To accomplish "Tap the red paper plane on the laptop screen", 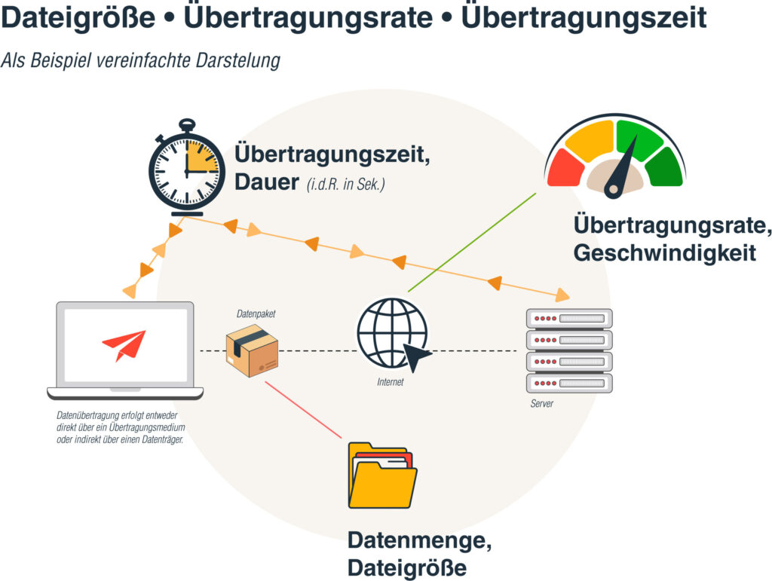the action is coord(124,345).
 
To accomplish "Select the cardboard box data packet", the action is coord(252,350).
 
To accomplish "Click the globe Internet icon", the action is coord(393,334).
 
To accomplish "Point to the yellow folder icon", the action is coord(382,476).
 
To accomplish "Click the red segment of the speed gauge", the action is coord(565,169).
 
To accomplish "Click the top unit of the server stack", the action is coord(569,318).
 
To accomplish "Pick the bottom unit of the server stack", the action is coord(569,384).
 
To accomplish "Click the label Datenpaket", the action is coord(256,314).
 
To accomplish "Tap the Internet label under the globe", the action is coord(391,382).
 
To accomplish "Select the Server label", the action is coord(541,403).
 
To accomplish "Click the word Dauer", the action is coord(266,182).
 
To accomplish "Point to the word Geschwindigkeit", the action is coord(665,253).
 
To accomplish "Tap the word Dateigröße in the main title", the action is coord(78,17).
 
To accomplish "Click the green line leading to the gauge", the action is coord(472,243).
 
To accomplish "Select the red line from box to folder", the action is coord(303,410).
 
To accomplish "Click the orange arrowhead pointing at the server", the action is coord(562,295).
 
